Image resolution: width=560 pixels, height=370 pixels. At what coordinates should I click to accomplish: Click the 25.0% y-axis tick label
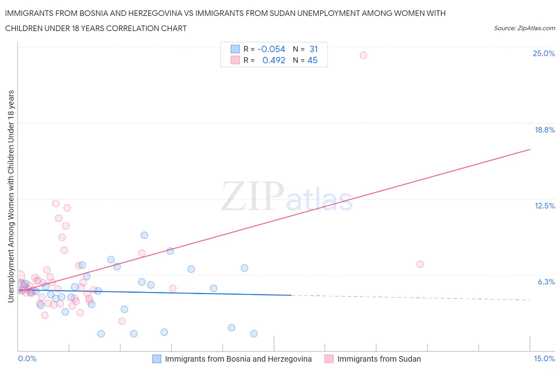pyautogui.click(x=544, y=54)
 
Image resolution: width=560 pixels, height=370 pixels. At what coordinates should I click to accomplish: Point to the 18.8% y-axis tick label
pyautogui.click(x=544, y=130)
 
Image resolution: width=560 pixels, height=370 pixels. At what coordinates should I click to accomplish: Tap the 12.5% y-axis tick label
pyautogui.click(x=544, y=206)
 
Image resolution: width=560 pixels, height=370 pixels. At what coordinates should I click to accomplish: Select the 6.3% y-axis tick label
pyautogui.click(x=546, y=282)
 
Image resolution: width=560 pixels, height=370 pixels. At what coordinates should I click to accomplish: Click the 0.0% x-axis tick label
pyautogui.click(x=27, y=358)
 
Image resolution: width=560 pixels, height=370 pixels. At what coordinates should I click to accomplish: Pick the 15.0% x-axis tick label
pyautogui.click(x=544, y=358)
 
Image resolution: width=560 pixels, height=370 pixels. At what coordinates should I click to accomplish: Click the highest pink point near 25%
pyautogui.click(x=363, y=55)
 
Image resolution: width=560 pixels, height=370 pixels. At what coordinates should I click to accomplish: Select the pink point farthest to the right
pyautogui.click(x=420, y=264)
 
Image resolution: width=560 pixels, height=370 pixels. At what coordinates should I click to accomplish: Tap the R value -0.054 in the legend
pyautogui.click(x=271, y=49)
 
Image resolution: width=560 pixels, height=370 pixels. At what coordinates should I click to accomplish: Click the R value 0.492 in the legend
pyautogui.click(x=274, y=60)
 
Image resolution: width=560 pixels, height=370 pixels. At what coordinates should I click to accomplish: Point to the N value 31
pyautogui.click(x=313, y=49)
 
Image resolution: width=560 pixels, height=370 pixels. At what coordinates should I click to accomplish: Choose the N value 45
pyautogui.click(x=312, y=60)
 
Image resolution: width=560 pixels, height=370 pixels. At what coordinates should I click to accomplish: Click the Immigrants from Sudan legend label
pyautogui.click(x=379, y=359)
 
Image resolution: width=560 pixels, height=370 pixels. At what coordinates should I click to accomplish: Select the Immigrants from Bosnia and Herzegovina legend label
pyautogui.click(x=238, y=359)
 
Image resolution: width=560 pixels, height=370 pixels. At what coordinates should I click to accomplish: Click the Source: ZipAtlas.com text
pyautogui.click(x=524, y=28)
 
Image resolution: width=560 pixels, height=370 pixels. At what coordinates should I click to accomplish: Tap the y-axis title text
pyautogui.click(x=11, y=196)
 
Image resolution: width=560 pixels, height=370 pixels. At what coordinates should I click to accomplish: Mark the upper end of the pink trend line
pyautogui.click(x=530, y=149)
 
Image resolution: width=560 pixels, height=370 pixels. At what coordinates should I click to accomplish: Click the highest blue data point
pyautogui.click(x=144, y=235)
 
